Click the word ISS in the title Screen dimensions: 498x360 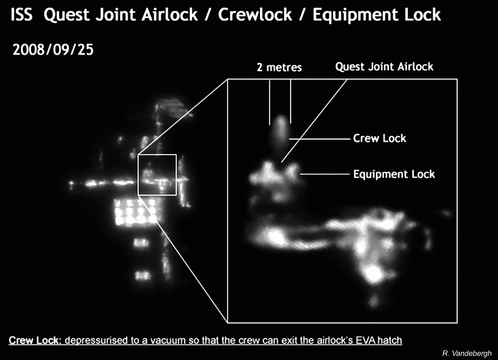[x=22, y=15]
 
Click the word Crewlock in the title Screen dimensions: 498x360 [x=255, y=15]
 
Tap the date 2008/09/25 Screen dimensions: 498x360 [x=53, y=49]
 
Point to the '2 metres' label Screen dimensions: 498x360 [x=279, y=67]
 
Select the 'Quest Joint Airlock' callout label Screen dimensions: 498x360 [x=384, y=67]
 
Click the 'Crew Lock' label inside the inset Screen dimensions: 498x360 [x=379, y=138]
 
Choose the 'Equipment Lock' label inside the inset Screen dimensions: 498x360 [x=394, y=174]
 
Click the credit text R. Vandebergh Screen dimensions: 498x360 [x=467, y=353]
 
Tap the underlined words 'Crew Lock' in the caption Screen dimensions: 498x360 [x=34, y=340]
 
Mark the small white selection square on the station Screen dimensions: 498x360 [x=157, y=154]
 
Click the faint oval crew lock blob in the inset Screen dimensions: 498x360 [x=281, y=130]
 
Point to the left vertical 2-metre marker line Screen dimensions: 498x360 [x=270, y=102]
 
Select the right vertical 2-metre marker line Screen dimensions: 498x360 [x=290, y=102]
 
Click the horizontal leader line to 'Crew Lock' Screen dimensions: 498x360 [x=320, y=139]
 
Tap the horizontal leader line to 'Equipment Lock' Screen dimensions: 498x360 [x=325, y=174]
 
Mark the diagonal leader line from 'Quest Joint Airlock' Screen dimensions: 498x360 [x=314, y=121]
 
